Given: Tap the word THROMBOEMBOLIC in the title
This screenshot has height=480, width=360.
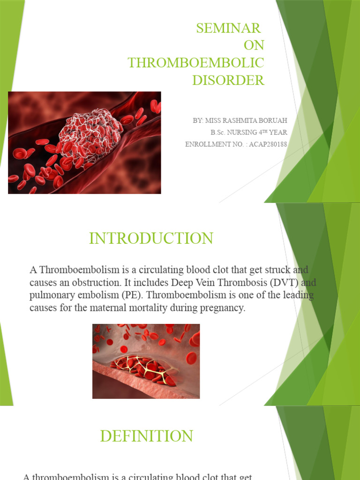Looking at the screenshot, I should [196, 63].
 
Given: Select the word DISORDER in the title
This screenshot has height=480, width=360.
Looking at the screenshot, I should [228, 80].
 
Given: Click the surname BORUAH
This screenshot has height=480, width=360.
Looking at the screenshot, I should [270, 121].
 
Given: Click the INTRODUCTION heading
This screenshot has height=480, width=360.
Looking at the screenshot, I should [151, 239].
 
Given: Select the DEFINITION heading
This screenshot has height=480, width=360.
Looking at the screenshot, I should [146, 436].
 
